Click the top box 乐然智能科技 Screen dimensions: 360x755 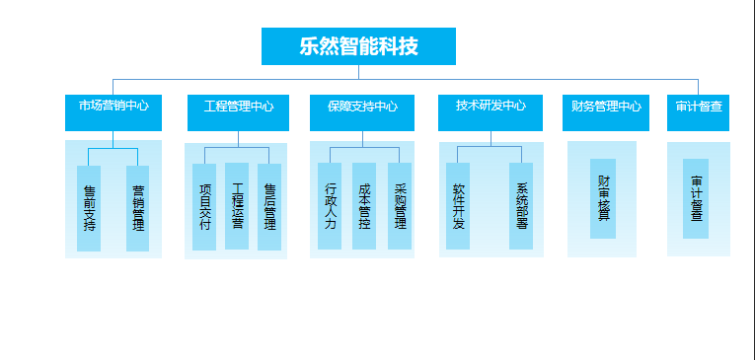(358, 46)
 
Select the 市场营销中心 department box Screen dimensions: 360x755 (113, 111)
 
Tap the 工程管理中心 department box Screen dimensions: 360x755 (238, 111)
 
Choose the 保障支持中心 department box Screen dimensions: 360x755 (362, 111)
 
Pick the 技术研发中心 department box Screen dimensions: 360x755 (491, 111)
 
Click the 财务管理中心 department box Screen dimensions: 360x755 (606, 111)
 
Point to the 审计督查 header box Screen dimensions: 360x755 (699, 111)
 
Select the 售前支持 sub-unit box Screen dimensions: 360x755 (89, 207)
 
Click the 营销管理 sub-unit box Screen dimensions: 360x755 (138, 207)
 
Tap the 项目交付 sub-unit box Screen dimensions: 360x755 (204, 206)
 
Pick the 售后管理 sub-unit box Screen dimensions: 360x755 (269, 206)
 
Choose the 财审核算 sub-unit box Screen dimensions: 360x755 (603, 198)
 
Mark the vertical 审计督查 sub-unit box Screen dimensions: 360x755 (696, 198)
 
